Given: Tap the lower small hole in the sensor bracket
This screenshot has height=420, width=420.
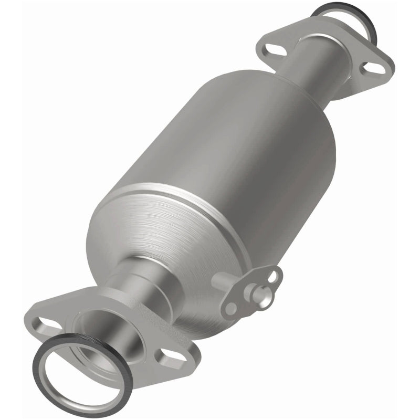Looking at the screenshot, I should (230, 309).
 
